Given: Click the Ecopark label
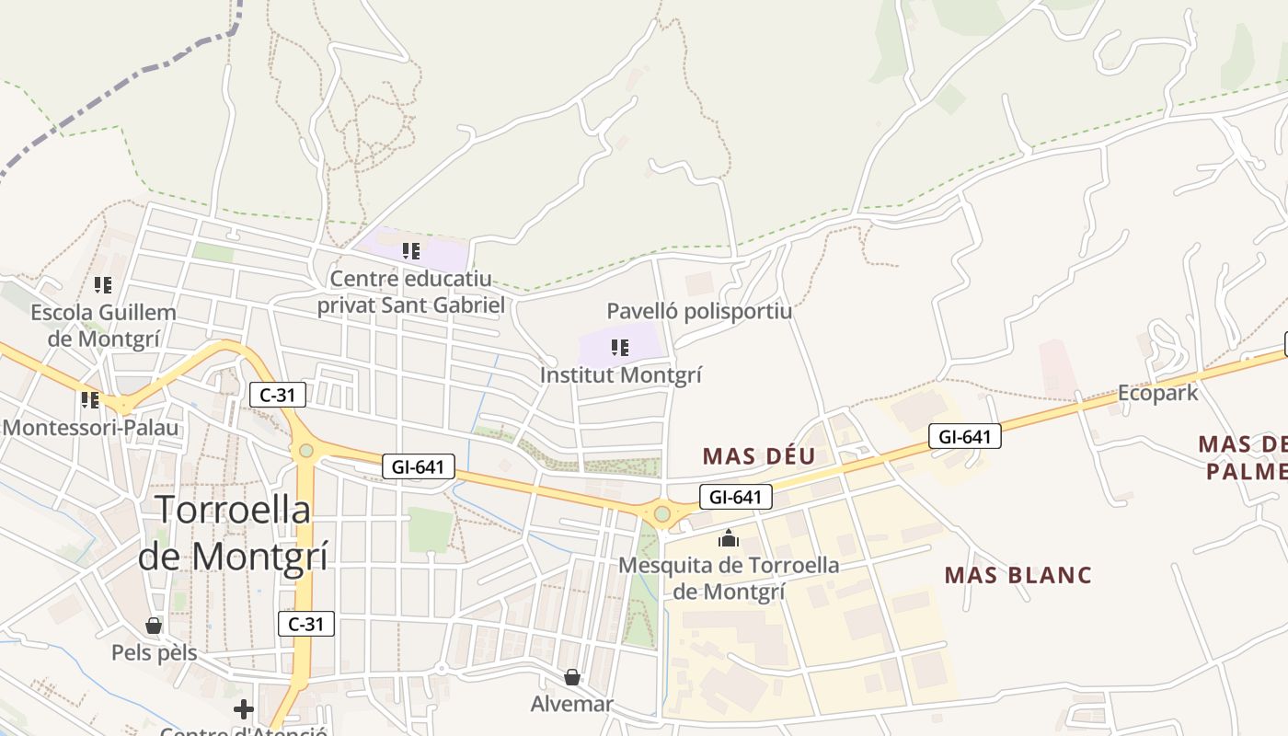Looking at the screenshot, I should click(1157, 393).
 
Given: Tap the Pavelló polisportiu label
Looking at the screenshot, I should click(699, 311).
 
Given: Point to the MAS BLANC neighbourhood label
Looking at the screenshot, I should click(1018, 575).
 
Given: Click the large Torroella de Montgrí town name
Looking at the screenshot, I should click(233, 532).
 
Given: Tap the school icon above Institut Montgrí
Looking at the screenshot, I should click(620, 348).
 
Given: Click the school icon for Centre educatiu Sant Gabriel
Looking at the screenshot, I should click(411, 250).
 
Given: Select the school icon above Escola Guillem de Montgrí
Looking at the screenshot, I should click(103, 285).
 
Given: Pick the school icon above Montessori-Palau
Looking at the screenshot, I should click(89, 400).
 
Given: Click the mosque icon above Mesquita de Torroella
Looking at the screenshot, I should click(729, 538).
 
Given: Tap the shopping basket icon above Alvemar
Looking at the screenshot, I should click(572, 678).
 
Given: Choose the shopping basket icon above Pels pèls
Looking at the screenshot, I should click(154, 627).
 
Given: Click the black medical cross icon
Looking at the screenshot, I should click(243, 709).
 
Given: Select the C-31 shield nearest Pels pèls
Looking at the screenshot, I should click(305, 624).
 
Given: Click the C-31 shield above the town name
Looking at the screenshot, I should click(277, 395).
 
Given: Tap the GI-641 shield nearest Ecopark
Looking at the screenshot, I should click(964, 436).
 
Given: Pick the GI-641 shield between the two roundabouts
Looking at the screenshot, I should click(418, 467).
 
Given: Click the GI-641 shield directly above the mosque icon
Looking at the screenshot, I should click(735, 498).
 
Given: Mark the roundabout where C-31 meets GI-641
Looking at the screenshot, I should click(305, 451).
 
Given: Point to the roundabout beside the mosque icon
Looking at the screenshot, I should click(661, 513).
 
